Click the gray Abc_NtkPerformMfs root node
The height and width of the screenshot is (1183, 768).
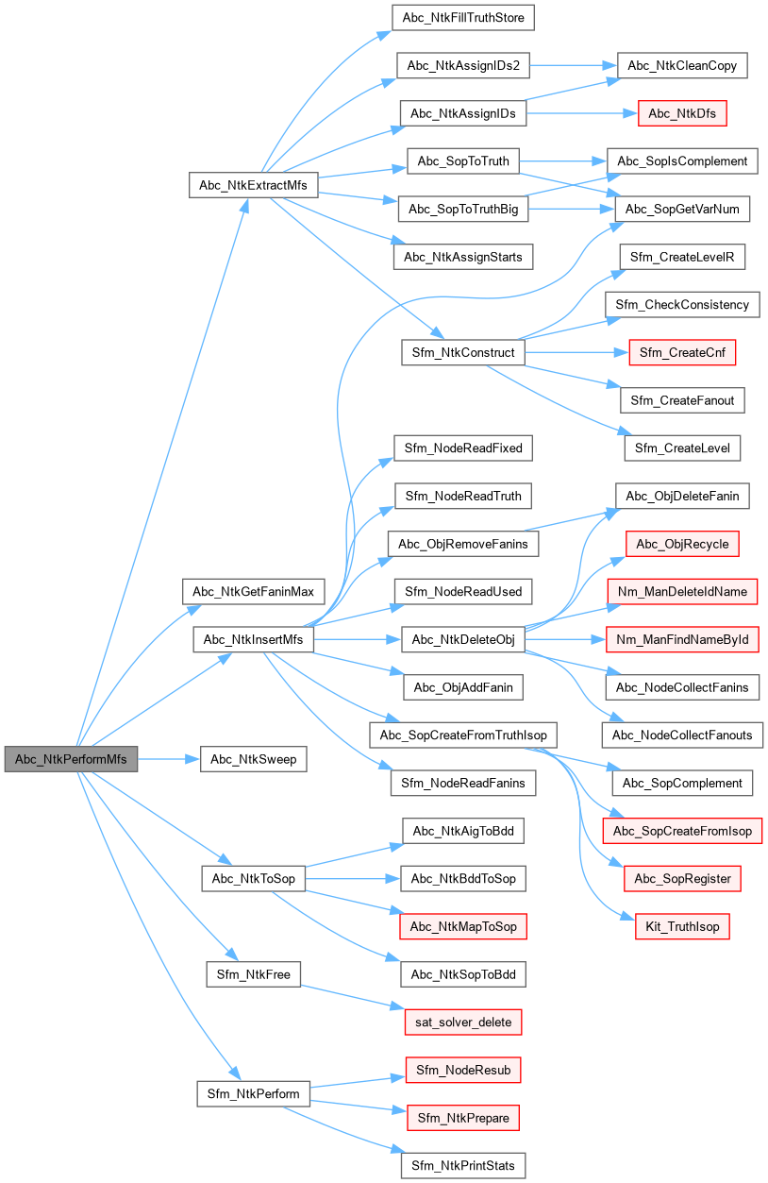pyautogui.click(x=71, y=759)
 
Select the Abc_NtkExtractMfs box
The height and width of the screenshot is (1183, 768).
pyautogui.click(x=253, y=185)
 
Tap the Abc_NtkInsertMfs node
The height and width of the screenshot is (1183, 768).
pyautogui.click(x=253, y=640)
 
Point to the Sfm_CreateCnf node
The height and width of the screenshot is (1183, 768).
pyautogui.click(x=682, y=353)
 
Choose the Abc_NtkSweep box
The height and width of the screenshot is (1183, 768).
pyautogui.click(x=253, y=759)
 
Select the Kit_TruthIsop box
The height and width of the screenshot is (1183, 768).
pyautogui.click(x=682, y=926)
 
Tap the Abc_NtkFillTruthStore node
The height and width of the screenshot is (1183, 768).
pyautogui.click(x=463, y=17)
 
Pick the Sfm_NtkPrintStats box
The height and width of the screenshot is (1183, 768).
pyautogui.click(x=462, y=1165)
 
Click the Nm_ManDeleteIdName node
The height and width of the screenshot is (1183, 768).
pyautogui.click(x=682, y=592)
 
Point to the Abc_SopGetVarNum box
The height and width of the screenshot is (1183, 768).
pyautogui.click(x=682, y=210)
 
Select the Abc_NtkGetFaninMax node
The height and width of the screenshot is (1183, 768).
pyautogui.click(x=253, y=592)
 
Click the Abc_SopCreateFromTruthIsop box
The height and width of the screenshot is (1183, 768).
pyautogui.click(x=463, y=734)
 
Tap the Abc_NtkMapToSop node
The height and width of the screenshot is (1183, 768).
pyautogui.click(x=462, y=926)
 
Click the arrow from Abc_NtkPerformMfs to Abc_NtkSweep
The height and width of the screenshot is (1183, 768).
pyautogui.click(x=169, y=759)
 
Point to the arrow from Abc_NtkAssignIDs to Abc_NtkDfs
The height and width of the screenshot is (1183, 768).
pyautogui.click(x=576, y=113)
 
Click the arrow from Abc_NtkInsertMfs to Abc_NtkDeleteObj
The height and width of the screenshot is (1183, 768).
pyautogui.click(x=358, y=640)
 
